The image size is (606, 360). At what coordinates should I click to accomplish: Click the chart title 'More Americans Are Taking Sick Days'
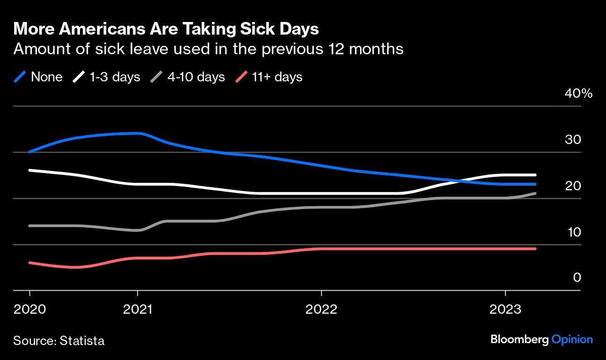click(166, 29)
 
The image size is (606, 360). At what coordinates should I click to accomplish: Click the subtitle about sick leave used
click(209, 49)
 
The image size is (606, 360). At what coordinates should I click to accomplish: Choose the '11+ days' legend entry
click(268, 77)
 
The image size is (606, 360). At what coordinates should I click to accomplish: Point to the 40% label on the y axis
click(578, 94)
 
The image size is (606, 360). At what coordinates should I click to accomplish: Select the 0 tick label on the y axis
click(577, 278)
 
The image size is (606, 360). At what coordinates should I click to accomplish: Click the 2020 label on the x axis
click(29, 309)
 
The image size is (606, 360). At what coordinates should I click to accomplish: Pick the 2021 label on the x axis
click(137, 309)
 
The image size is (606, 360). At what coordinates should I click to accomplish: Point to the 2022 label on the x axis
click(321, 309)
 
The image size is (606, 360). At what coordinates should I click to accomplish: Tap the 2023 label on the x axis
click(505, 309)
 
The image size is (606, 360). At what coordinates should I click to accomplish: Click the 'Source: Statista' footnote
click(59, 341)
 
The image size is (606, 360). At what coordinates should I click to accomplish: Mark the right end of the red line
click(535, 249)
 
